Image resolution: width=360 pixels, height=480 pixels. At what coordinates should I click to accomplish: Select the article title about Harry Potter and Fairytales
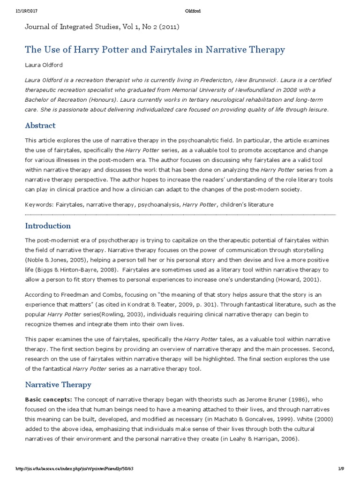155,50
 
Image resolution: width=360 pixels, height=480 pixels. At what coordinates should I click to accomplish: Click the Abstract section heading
40,126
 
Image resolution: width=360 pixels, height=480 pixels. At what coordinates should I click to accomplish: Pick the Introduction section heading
48,226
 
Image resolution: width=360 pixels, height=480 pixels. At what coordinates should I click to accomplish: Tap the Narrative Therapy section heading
58,384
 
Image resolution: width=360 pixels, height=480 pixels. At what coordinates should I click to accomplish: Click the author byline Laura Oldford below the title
43,65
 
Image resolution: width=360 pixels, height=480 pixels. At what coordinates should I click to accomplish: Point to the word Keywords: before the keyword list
39,204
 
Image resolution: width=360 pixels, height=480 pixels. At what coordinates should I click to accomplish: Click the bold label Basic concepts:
48,399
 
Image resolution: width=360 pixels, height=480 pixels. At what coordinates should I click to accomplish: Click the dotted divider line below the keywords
180,214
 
